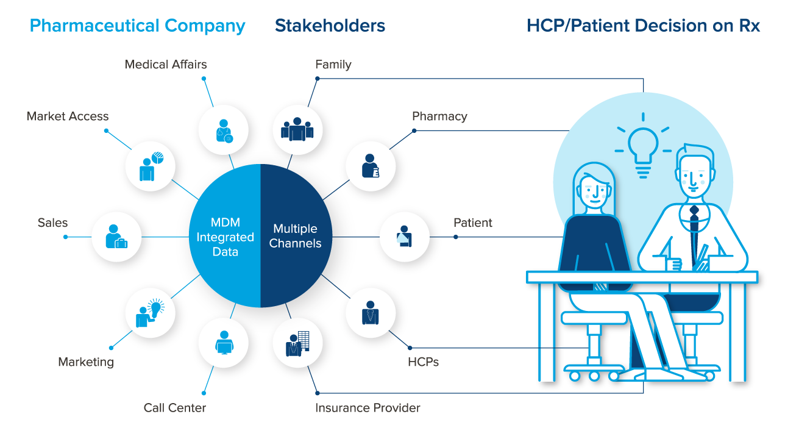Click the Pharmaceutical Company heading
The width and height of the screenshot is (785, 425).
pos(137,26)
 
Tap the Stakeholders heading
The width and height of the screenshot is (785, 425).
pos(330,26)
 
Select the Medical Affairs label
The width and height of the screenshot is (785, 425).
pos(166,65)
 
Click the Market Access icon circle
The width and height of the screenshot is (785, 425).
pos(151,166)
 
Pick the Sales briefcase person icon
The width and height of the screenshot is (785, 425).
pos(116,237)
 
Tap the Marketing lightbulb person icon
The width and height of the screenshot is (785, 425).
pos(150,313)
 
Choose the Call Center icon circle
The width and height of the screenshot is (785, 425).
pos(224,343)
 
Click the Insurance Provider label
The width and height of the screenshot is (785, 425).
pos(368,408)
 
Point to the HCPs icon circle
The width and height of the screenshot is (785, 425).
pos(371,313)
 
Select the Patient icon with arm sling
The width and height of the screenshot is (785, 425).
pos(404,237)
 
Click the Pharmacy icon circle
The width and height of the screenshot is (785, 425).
pos(371,166)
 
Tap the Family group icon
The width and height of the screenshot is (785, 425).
pos(297,129)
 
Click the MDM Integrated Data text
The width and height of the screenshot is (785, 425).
pos(225,237)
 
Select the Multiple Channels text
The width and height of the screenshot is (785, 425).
pos(295,236)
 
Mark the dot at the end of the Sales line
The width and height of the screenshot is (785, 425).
pos(66,237)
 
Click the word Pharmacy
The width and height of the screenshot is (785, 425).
pos(439,116)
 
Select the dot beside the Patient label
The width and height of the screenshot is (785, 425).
pos(456,237)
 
